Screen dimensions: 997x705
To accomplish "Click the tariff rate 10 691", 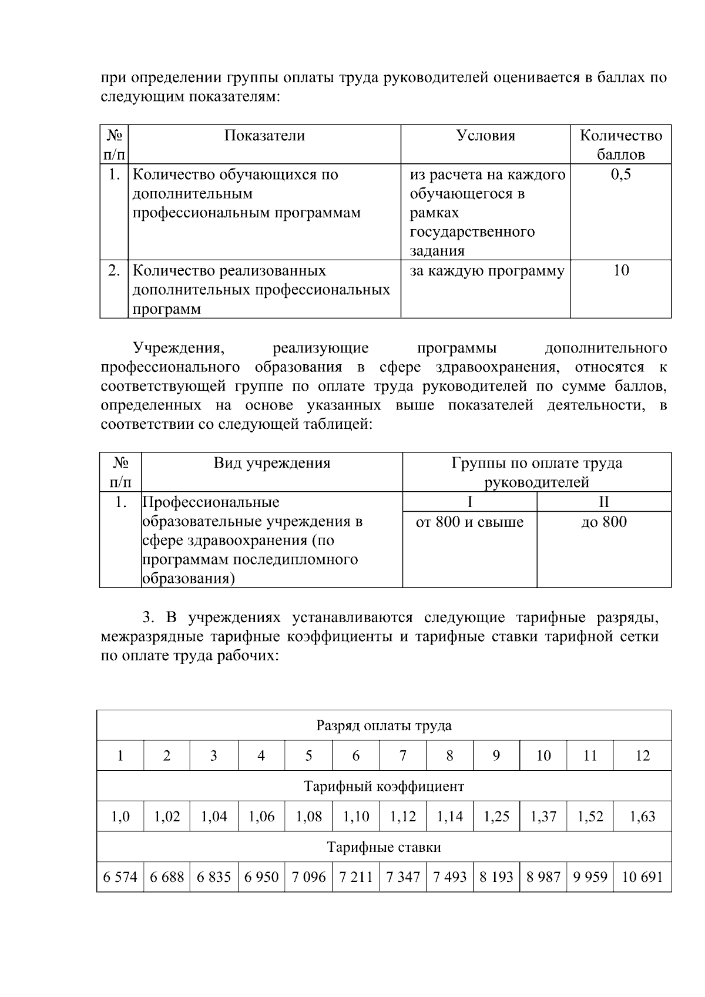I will pos(642,877).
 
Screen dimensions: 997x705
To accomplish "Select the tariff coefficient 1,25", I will pos(496,817).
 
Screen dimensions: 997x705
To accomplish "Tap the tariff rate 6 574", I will pos(120,877).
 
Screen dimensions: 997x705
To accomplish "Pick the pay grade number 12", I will pos(642,756).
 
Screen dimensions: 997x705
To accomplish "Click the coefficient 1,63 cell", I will pos(642,817).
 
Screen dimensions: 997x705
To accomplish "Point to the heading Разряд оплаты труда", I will pos(384,726).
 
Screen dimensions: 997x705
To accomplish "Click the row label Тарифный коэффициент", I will pos(384,786).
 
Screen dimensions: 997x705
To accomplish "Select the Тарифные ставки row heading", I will pos(384,847).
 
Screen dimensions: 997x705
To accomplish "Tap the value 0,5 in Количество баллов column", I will pos(620,174).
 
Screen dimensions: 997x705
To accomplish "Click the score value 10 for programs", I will pos(620,270).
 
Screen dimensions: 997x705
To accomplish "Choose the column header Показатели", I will pos(264,136).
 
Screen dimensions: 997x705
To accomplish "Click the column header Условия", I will pos(485,136).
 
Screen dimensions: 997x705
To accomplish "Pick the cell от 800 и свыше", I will pos(469,522).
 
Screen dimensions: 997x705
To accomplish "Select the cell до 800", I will pos(603,522).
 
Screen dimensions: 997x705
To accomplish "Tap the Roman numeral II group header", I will pos(603,502).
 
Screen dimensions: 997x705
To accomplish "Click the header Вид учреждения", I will pos(271,463).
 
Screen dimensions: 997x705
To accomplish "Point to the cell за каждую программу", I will pos(486,271).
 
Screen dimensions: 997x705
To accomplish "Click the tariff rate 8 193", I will pos(496,877).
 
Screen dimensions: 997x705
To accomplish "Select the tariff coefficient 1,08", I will pos(308,817).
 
